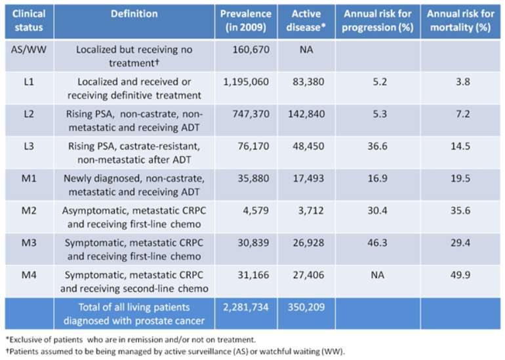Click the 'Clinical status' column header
click(29, 20)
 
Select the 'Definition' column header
click(134, 14)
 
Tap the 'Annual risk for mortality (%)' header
click(460, 20)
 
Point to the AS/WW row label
click(29, 50)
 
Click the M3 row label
click(29, 243)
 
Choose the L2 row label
click(29, 114)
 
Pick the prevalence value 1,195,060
click(246, 82)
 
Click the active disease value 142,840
click(306, 114)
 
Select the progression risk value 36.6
click(378, 146)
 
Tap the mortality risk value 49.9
click(460, 275)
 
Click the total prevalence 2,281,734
click(246, 307)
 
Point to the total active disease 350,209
click(306, 307)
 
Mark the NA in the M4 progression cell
click(378, 275)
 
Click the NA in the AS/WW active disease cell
click(306, 50)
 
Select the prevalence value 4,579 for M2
click(256, 210)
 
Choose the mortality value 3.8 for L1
click(463, 82)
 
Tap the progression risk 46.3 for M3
click(378, 243)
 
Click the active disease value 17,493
click(308, 178)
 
